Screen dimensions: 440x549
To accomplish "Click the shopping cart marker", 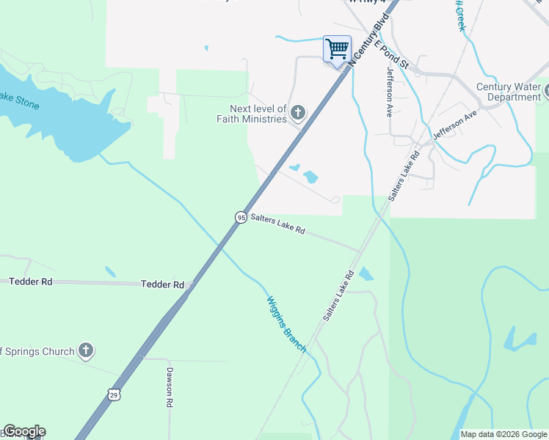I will pyautogui.click(x=337, y=50).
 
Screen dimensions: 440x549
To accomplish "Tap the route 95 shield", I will pyautogui.click(x=241, y=217).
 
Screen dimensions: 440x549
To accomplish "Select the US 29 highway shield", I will pyautogui.click(x=114, y=394).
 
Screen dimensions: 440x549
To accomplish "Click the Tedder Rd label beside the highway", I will pyautogui.click(x=162, y=284).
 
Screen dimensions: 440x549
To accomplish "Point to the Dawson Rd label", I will pyautogui.click(x=169, y=387).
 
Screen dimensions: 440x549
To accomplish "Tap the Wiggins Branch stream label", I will pyautogui.click(x=286, y=324).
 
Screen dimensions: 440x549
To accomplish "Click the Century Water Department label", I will pyautogui.click(x=509, y=92).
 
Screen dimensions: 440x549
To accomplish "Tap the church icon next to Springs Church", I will pyautogui.click(x=86, y=351).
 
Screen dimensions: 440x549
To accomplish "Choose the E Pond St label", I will pyautogui.click(x=390, y=54).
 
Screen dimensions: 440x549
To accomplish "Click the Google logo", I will pyautogui.click(x=24, y=431).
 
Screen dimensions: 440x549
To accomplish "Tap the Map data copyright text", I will pyautogui.click(x=503, y=434).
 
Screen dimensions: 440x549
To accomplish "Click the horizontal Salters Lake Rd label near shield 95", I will pyautogui.click(x=277, y=224).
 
